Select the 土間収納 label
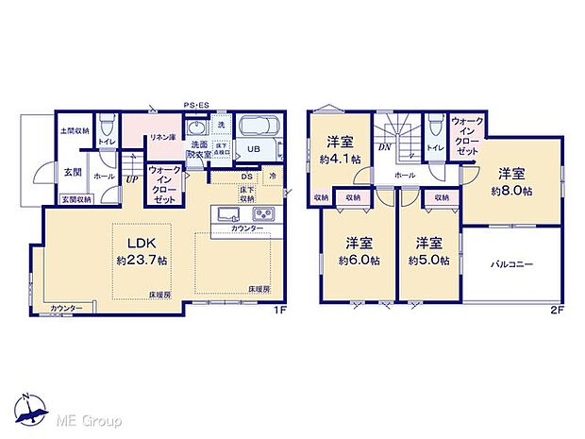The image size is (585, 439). tap(75, 130)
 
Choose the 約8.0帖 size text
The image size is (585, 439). tap(511, 190)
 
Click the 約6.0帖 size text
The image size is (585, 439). tap(360, 260)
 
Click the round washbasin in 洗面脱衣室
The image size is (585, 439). tap(196, 129)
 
